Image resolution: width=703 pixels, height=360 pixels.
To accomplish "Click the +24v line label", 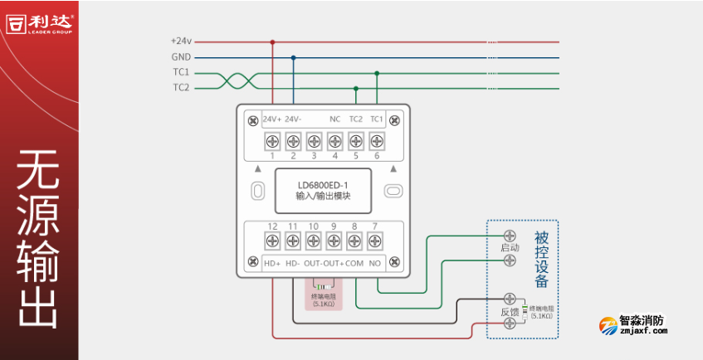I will point(181,41).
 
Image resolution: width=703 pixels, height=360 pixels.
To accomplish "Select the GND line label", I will point(181,57).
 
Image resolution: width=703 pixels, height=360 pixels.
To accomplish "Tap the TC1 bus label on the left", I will point(181,72).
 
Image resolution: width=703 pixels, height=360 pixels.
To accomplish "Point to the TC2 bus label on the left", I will point(181,87).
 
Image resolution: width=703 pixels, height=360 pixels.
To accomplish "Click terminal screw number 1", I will point(271,140).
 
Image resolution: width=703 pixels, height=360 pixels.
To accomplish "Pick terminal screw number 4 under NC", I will point(334,140).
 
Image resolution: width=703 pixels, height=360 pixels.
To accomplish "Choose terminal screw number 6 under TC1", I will point(376,140).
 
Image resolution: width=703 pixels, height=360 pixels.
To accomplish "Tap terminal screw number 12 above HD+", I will point(271,241).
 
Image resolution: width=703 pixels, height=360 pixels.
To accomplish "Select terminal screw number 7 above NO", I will point(376,241).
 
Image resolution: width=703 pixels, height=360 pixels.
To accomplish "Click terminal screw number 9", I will point(334,241).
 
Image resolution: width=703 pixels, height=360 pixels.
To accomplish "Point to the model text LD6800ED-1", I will point(324,184).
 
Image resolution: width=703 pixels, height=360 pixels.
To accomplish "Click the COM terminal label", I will point(354,263).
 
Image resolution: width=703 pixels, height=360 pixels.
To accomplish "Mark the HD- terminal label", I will point(292,263).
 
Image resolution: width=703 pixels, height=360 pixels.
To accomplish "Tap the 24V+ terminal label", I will point(272,119).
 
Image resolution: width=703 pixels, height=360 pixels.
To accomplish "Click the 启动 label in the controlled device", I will point(510,248).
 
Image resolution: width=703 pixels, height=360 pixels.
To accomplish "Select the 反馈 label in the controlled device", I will point(510,312).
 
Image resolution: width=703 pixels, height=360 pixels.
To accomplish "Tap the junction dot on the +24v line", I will point(272,41).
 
